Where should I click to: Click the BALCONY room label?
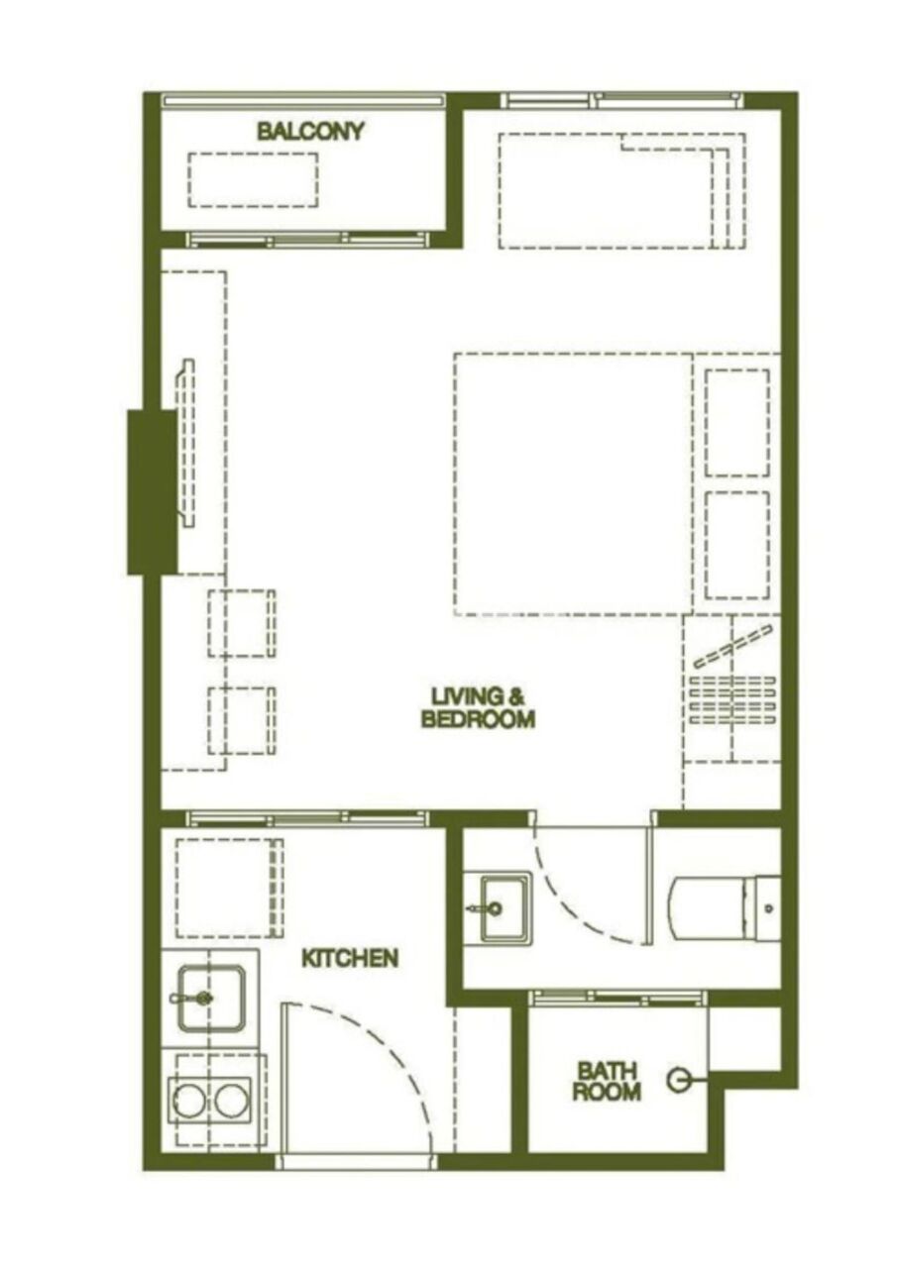310,131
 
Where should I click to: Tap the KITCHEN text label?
350,958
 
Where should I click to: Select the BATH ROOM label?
607,1081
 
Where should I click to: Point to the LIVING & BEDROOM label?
478,707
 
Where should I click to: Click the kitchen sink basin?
211,998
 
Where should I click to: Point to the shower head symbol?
680,1080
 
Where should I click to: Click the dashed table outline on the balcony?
253,179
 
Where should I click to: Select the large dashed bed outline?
573,483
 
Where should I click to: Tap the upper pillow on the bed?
737,422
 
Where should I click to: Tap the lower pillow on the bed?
737,545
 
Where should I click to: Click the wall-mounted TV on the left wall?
185,442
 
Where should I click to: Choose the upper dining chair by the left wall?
242,623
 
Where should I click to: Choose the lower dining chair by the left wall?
242,720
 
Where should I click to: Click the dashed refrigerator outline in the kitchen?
229,888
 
